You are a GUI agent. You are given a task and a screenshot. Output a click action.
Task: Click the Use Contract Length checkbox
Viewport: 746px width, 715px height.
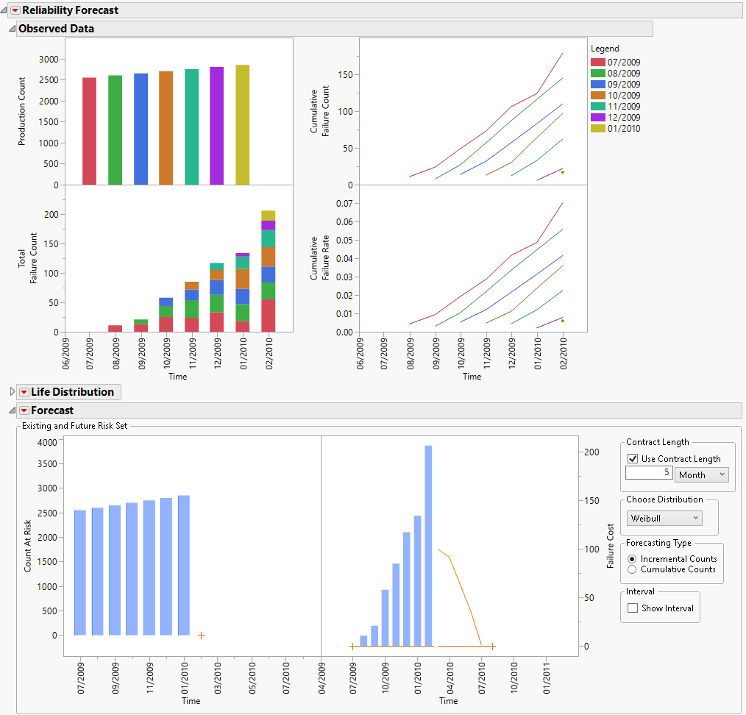pos(632,459)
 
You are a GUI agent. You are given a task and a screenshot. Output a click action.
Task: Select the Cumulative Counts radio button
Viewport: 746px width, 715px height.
pos(632,569)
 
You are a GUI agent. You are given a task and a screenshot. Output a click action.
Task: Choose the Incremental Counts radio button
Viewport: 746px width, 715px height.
pos(632,559)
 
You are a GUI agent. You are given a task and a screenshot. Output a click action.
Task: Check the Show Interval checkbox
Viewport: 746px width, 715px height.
pos(632,608)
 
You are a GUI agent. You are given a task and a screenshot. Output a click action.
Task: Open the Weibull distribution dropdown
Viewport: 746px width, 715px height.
pos(664,518)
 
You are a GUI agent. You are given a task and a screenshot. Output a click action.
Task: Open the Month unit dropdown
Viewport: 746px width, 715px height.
pos(701,475)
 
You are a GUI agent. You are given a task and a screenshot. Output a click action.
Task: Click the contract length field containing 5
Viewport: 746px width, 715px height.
pos(648,473)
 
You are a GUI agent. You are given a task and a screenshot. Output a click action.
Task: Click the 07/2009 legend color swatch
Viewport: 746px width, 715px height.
pos(597,63)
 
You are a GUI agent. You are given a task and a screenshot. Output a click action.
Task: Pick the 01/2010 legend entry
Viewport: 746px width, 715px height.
pos(622,129)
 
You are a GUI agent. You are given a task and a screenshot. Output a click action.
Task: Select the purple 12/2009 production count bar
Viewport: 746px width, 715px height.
pos(216,126)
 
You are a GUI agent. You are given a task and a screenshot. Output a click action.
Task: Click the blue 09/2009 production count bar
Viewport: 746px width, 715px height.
pos(141,129)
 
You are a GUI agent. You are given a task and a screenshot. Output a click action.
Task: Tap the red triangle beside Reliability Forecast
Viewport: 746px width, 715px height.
pos(15,10)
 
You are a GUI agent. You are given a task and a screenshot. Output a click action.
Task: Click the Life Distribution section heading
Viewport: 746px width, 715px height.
pos(72,392)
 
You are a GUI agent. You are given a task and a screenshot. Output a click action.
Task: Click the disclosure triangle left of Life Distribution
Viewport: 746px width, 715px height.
pos(12,392)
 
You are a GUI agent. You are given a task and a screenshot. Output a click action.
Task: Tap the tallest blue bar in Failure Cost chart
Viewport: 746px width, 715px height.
pos(428,545)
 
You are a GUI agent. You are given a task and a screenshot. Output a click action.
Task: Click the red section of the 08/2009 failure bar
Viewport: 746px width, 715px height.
pos(115,328)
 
